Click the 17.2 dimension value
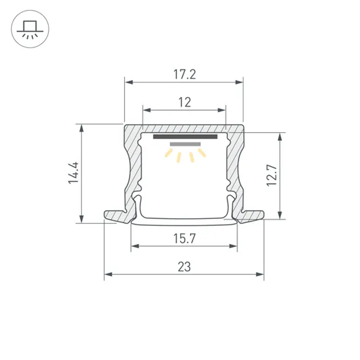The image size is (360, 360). click(x=184, y=75)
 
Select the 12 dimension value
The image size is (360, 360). click(x=184, y=103)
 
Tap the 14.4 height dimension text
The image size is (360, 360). click(x=74, y=173)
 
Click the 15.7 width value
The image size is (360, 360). click(x=184, y=238)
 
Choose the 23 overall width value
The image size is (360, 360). click(x=184, y=267)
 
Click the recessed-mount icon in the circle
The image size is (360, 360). click(x=30, y=30)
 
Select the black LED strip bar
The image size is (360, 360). click(x=185, y=137)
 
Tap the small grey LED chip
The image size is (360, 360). click(x=185, y=144)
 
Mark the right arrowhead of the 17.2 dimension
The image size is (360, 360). click(x=239, y=82)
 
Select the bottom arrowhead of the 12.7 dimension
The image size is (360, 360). click(x=280, y=215)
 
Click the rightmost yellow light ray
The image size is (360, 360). click(x=202, y=153)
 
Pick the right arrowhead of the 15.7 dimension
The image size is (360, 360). click(x=234, y=246)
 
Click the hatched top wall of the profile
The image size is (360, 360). click(x=184, y=129)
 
